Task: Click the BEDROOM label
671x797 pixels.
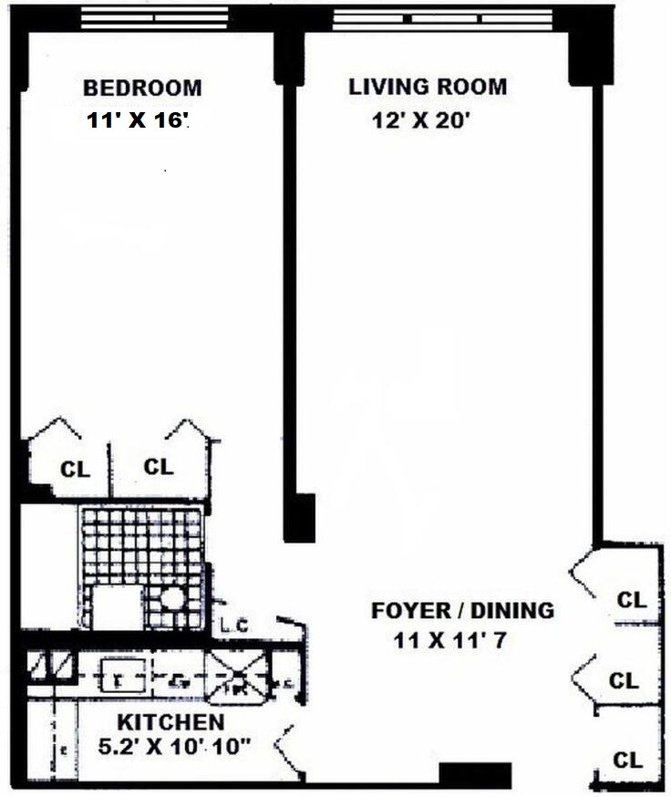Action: (142, 88)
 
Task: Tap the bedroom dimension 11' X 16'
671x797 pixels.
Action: (138, 120)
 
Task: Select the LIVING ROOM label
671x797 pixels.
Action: (428, 88)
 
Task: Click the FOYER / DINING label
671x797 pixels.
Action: (462, 610)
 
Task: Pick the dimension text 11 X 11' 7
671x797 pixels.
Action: (449, 640)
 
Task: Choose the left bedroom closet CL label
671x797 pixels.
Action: (76, 471)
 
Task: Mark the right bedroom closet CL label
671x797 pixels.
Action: (159, 467)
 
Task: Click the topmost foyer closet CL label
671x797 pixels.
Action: (632, 601)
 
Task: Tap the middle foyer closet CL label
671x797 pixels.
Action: (625, 680)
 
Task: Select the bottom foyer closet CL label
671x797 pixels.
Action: (628, 760)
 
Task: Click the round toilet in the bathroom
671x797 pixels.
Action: (173, 600)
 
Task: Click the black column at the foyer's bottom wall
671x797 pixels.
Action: (475, 773)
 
